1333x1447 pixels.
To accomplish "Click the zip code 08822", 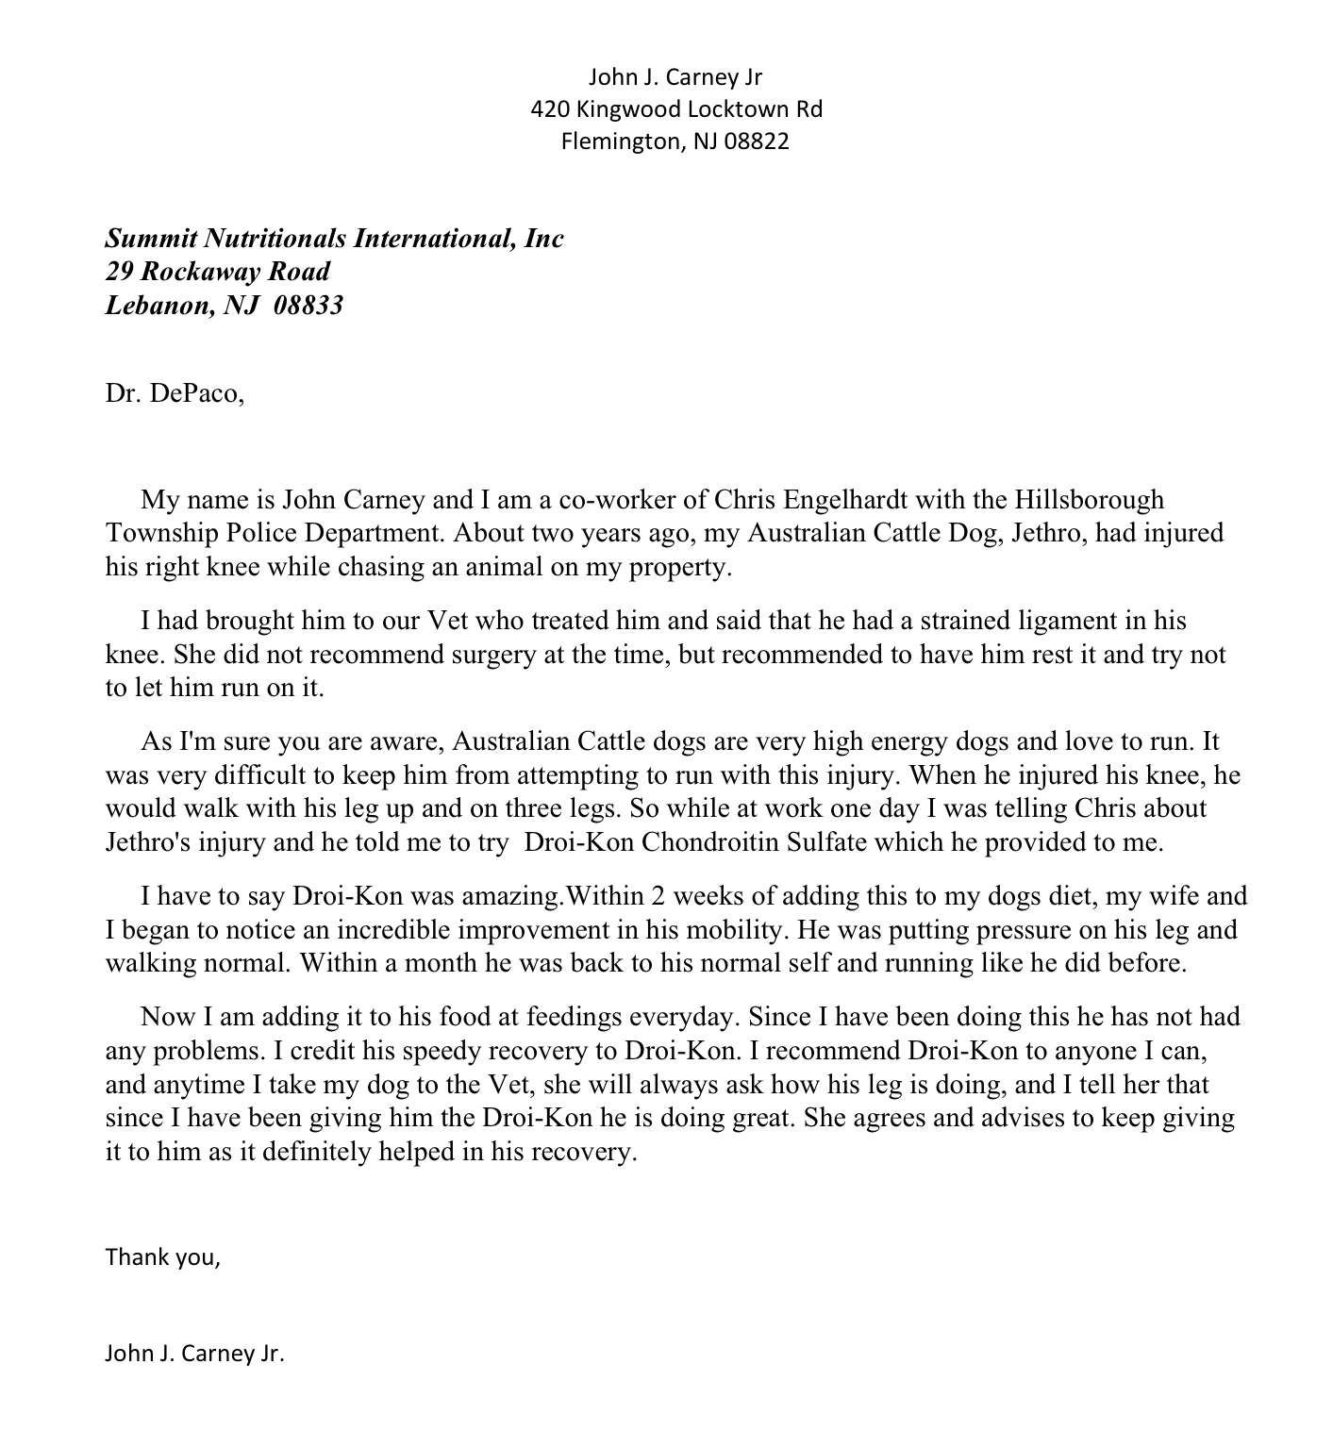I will pyautogui.click(x=757, y=141).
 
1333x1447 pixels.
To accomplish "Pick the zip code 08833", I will pyautogui.click(x=308, y=306).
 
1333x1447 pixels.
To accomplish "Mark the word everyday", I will pyautogui.click(x=687, y=1017).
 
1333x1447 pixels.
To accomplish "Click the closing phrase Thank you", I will pyautogui.click(x=162, y=1257).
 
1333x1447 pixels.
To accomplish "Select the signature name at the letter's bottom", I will pyautogui.click(x=194, y=1355).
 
